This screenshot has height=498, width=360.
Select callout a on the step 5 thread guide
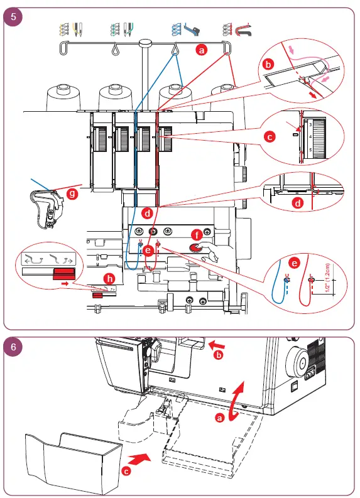pos(201,50)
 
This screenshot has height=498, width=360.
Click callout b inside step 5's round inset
pos(269,65)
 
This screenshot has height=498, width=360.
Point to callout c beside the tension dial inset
pos(269,136)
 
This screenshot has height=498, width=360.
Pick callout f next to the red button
pos(197,234)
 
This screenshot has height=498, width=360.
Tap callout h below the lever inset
pos(110,278)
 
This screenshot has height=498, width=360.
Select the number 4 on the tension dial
pos(310,137)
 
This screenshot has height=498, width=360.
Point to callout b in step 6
pos(219,355)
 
